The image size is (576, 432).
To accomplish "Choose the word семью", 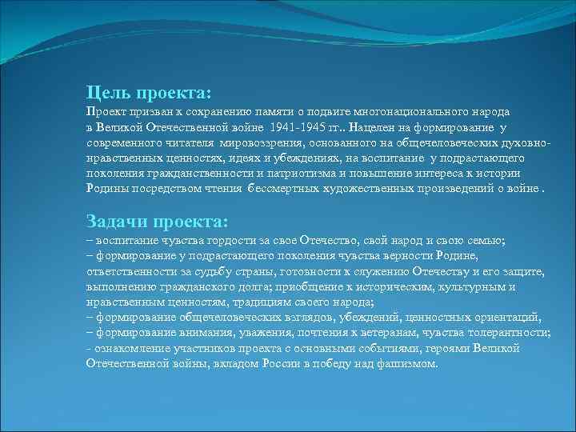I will (x=482, y=242).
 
